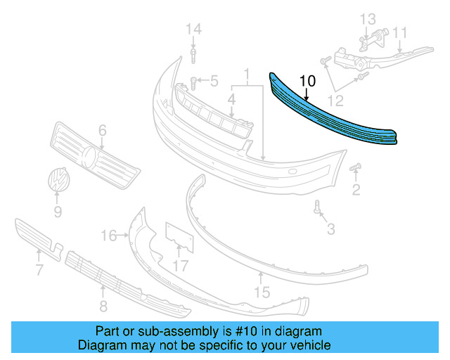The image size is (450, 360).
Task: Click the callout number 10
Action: [307, 81]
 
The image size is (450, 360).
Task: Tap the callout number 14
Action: [193, 29]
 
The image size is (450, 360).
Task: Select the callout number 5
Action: [214, 81]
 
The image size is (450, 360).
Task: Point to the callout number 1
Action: [247, 74]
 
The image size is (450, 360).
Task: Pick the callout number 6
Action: [102, 130]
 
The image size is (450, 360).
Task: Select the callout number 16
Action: [108, 235]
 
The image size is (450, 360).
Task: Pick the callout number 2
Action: [356, 189]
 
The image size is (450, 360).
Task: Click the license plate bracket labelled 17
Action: [178, 238]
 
